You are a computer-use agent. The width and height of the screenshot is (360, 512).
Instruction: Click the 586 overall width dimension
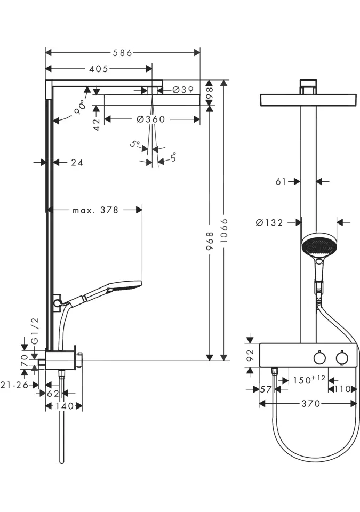[123, 53]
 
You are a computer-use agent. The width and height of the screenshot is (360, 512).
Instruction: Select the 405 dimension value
[99, 69]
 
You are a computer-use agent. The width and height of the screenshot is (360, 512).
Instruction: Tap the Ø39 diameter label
[183, 90]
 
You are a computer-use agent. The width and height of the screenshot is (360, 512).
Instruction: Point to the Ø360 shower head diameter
[151, 119]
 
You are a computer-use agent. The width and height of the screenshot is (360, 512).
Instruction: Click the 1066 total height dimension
[224, 230]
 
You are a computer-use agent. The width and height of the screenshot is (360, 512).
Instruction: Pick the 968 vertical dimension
[210, 241]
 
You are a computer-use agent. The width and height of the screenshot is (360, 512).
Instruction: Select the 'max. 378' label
[95, 210]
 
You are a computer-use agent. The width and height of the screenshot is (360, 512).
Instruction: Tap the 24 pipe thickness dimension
[77, 162]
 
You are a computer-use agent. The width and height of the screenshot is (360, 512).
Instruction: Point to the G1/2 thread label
[35, 331]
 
